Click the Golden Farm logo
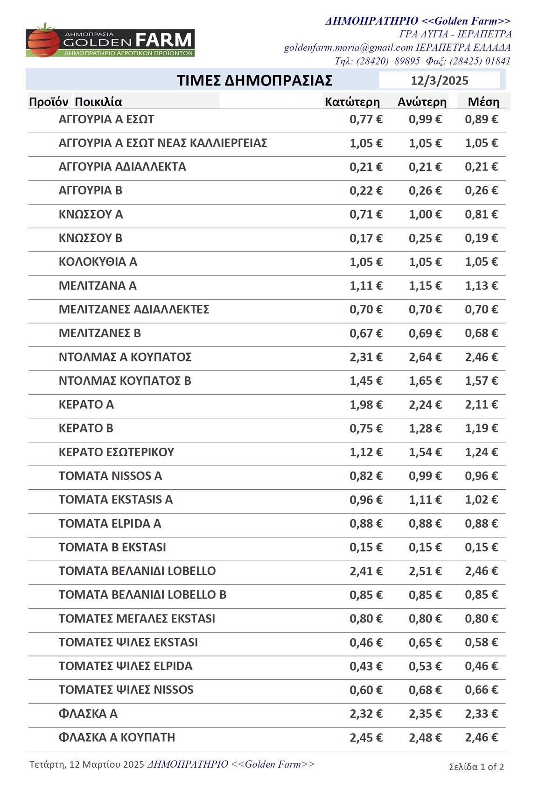(x=110, y=41)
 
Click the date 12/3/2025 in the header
(x=439, y=81)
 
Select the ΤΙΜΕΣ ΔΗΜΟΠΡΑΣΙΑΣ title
(x=254, y=81)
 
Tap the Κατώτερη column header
(x=352, y=102)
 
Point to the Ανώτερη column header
(x=422, y=102)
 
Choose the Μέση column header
(x=483, y=102)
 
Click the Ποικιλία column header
(x=98, y=102)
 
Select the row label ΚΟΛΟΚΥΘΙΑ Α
(x=98, y=262)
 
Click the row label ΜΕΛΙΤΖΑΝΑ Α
(x=98, y=286)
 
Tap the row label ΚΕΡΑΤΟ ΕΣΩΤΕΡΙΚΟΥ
(x=116, y=452)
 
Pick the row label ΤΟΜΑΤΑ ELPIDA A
(x=110, y=523)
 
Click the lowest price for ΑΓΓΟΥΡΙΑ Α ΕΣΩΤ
(x=366, y=120)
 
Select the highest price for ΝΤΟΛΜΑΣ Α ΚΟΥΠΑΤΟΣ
(x=425, y=357)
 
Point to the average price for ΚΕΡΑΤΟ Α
(x=481, y=404)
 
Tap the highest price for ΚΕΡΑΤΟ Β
(x=425, y=428)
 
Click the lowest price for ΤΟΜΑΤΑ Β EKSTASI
(x=366, y=547)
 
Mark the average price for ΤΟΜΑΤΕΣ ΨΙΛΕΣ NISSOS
(x=481, y=690)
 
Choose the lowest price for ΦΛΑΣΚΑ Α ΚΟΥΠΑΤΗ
(x=366, y=737)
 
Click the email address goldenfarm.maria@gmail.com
(x=349, y=48)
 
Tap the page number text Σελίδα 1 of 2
(x=476, y=767)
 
